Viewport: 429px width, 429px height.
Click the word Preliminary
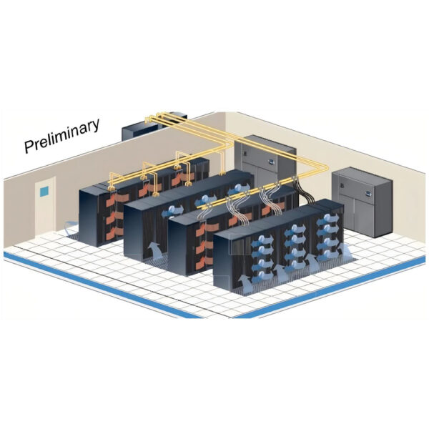pyautogui.click(x=62, y=135)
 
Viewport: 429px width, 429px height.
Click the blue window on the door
pyautogui.click(x=44, y=192)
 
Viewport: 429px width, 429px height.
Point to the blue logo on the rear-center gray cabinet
pyautogui.click(x=271, y=162)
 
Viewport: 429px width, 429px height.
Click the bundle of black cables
pyautogui.click(x=305, y=192)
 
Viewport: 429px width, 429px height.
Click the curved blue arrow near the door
pyautogui.click(x=69, y=227)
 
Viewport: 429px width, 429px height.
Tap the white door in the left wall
pyautogui.click(x=46, y=206)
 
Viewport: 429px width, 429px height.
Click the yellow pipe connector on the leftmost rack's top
pyautogui.click(x=112, y=188)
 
